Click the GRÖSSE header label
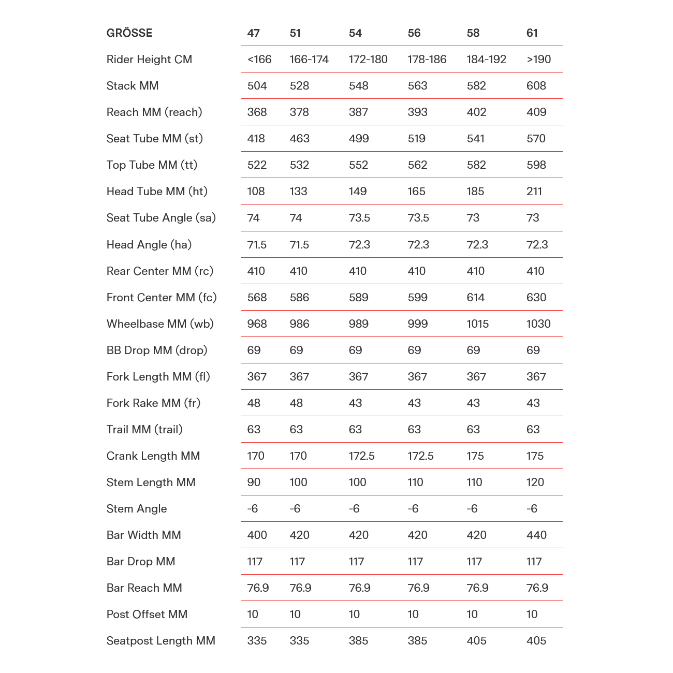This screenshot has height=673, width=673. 129,33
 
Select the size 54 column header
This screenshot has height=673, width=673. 355,33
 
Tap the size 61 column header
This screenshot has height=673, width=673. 532,33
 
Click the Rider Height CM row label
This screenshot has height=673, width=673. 149,60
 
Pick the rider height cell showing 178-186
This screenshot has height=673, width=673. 427,60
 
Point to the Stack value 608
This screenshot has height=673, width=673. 536,86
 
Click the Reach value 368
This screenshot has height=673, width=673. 257,112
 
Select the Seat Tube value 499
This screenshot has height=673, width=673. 359,139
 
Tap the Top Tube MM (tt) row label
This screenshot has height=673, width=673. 152,165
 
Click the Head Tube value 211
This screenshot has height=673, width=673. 534,192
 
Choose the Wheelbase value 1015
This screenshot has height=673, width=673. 477,324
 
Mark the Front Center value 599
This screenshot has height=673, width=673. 417,298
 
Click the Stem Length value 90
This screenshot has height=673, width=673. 254,482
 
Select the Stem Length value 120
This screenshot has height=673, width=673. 535,482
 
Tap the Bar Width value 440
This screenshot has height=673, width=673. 536,535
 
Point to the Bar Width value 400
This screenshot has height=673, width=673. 257,535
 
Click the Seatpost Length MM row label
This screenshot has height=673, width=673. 160,641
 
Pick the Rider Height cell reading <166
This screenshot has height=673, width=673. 259,60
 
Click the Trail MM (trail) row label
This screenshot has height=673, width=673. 144,430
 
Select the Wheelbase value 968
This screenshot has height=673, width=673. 257,324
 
